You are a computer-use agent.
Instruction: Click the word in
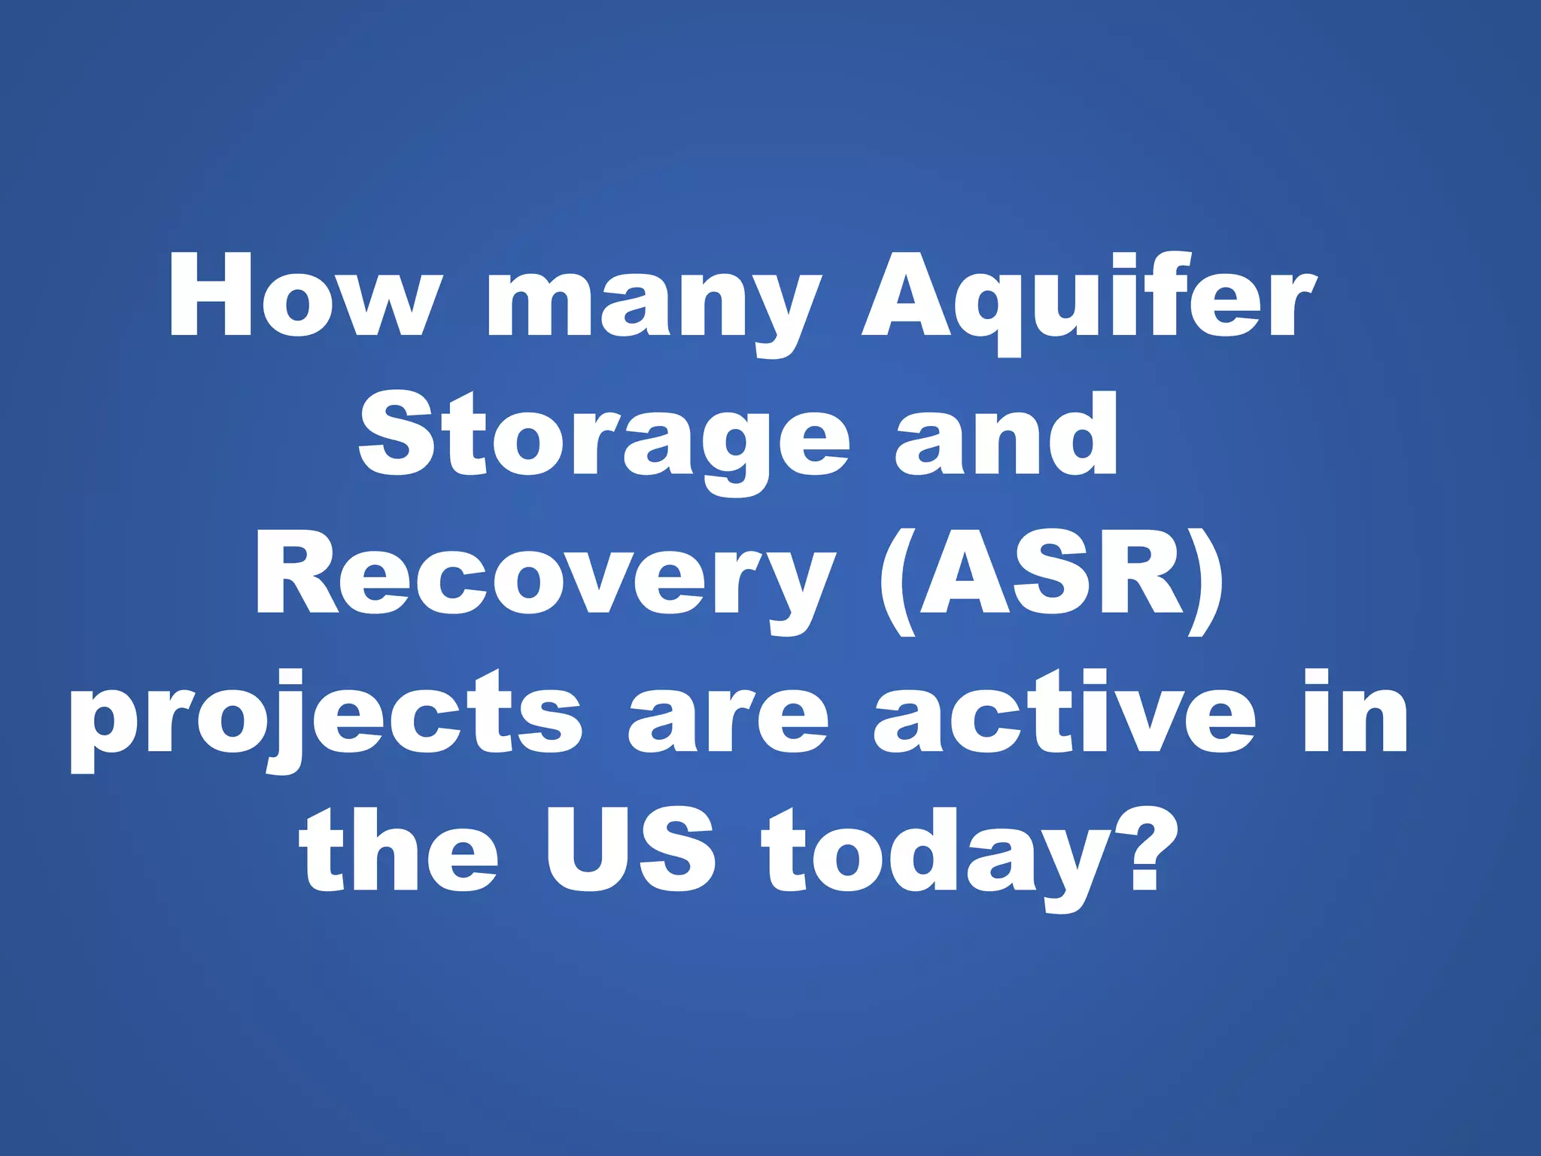tap(1355, 711)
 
